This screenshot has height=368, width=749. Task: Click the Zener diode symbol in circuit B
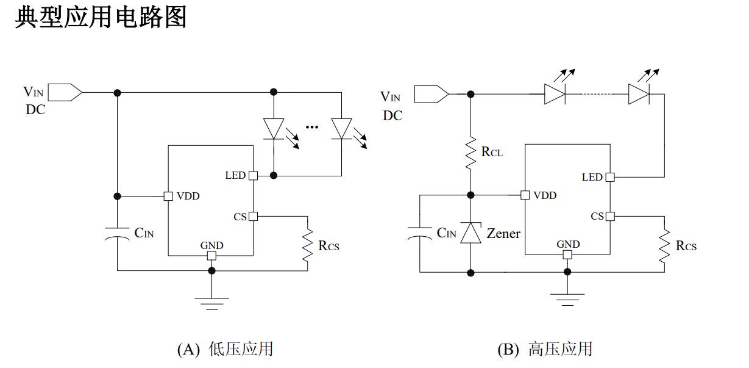point(471,233)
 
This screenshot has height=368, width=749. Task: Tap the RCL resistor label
point(492,152)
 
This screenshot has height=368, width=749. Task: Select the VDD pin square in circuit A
point(168,197)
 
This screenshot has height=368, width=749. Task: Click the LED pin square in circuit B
point(610,177)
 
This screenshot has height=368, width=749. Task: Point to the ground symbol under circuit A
point(211,304)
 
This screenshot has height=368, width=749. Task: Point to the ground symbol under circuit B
point(567,300)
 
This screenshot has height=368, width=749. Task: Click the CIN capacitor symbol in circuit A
point(118,234)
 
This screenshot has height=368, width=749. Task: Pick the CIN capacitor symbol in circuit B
point(420,233)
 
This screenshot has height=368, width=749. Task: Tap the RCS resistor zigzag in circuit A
point(308,245)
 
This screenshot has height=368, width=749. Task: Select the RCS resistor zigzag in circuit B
point(664,246)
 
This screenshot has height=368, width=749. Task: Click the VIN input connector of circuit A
point(65,92)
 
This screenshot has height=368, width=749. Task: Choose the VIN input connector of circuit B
point(431,94)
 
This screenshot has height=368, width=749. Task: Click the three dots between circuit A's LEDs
point(312,127)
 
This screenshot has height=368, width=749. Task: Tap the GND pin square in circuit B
point(567,254)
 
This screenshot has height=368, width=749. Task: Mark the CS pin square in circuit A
point(254,216)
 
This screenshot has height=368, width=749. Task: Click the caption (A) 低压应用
point(225,349)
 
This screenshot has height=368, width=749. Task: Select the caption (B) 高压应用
point(545,349)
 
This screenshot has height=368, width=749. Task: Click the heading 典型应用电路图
point(101,18)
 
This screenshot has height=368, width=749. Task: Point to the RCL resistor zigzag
point(471,153)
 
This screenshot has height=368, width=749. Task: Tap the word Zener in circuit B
point(503,233)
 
